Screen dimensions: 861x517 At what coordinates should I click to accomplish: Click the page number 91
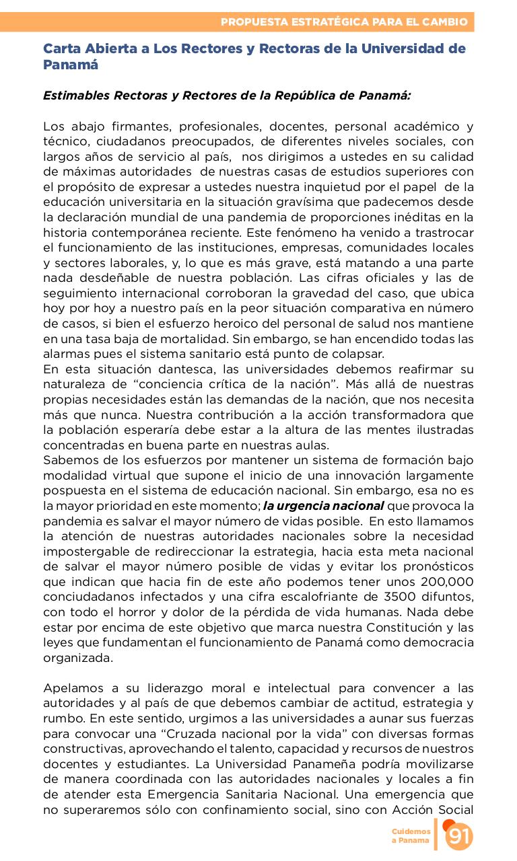pos(459,836)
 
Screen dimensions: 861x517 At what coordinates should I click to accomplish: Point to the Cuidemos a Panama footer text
pos(411,836)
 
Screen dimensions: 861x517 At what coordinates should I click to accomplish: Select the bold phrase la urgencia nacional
pos(323,506)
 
